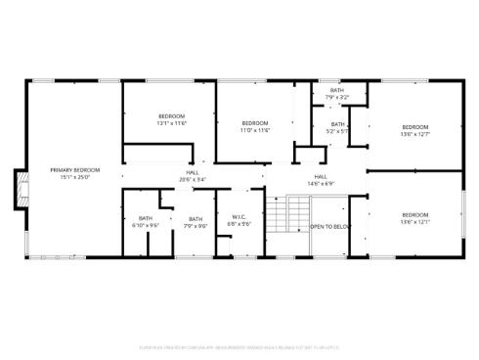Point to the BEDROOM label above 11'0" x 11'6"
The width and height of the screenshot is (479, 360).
(255, 122)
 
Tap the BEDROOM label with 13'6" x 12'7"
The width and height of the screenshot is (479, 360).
(415, 126)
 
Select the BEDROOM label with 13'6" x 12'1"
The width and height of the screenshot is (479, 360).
(415, 214)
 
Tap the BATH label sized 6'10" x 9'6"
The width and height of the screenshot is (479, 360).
(145, 218)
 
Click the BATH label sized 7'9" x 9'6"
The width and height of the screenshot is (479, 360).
(196, 219)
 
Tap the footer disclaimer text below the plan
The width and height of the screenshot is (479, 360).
(239, 344)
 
